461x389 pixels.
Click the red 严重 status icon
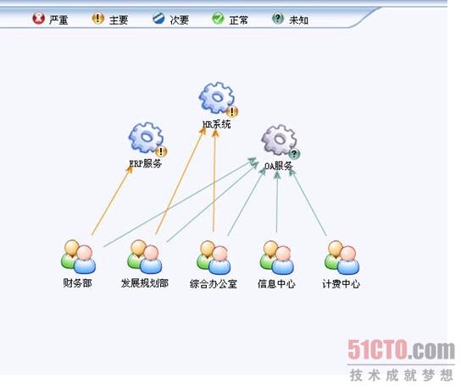tap(38, 19)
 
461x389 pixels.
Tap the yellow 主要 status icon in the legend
tap(98, 19)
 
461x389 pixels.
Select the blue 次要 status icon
tap(158, 19)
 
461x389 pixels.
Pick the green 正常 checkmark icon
tap(218, 19)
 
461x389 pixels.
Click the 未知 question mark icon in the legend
tap(278, 19)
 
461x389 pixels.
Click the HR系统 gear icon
tap(217, 97)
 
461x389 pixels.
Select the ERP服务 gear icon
tap(146, 137)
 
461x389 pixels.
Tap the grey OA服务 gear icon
tap(279, 139)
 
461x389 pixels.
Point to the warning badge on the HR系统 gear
tap(232, 112)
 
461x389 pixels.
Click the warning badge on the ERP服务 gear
tap(161, 151)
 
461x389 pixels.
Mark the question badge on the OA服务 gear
tap(294, 154)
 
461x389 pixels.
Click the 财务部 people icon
tap(78, 257)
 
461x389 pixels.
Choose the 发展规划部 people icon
tap(144, 257)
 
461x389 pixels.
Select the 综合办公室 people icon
tap(214, 258)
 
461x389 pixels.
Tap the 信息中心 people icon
tap(276, 258)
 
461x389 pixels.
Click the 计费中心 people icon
tap(342, 258)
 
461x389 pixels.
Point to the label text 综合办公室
tap(214, 284)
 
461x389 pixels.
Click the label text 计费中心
tap(341, 284)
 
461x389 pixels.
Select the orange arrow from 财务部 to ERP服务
tap(112, 200)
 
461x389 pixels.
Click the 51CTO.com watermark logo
tap(401, 349)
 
